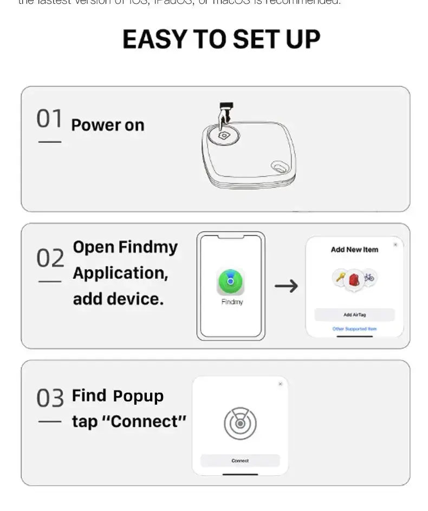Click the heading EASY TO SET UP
(221, 39)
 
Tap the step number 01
(49, 119)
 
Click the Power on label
(108, 125)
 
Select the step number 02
(50, 259)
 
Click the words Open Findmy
(125, 247)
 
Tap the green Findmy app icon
(231, 282)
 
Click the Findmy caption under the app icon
(232, 302)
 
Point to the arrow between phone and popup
(286, 286)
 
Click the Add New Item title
(354, 250)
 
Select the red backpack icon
(354, 279)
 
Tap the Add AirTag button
(354, 315)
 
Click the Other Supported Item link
(354, 329)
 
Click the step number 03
(50, 398)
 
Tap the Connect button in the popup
(240, 461)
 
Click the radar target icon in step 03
(240, 424)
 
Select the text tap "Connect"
(129, 421)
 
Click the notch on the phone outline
(231, 237)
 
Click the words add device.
(118, 298)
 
